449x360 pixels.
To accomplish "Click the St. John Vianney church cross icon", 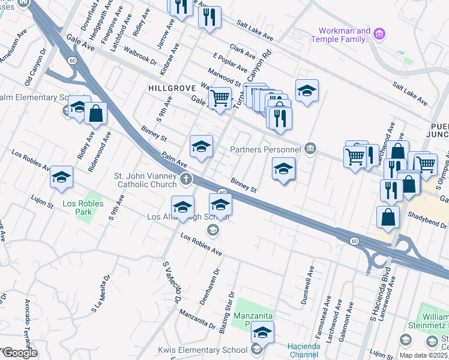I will coord(187,178).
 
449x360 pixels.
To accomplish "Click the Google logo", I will coord(20,352).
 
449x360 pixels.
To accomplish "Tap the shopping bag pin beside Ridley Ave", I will coord(95,113).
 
